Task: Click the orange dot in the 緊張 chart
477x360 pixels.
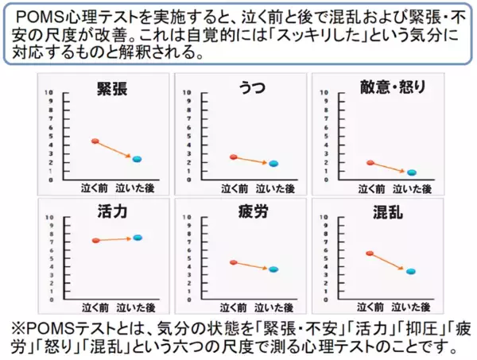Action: (x=95, y=141)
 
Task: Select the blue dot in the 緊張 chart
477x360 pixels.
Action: (x=136, y=160)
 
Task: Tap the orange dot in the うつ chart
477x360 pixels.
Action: (x=233, y=157)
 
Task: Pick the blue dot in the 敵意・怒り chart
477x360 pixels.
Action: (x=411, y=172)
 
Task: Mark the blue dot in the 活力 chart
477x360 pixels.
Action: (x=137, y=238)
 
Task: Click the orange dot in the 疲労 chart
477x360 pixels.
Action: (x=233, y=262)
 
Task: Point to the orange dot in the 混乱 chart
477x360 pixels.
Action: (x=370, y=254)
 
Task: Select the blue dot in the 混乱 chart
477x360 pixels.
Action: (x=411, y=272)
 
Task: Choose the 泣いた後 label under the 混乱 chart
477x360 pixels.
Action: (x=413, y=304)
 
